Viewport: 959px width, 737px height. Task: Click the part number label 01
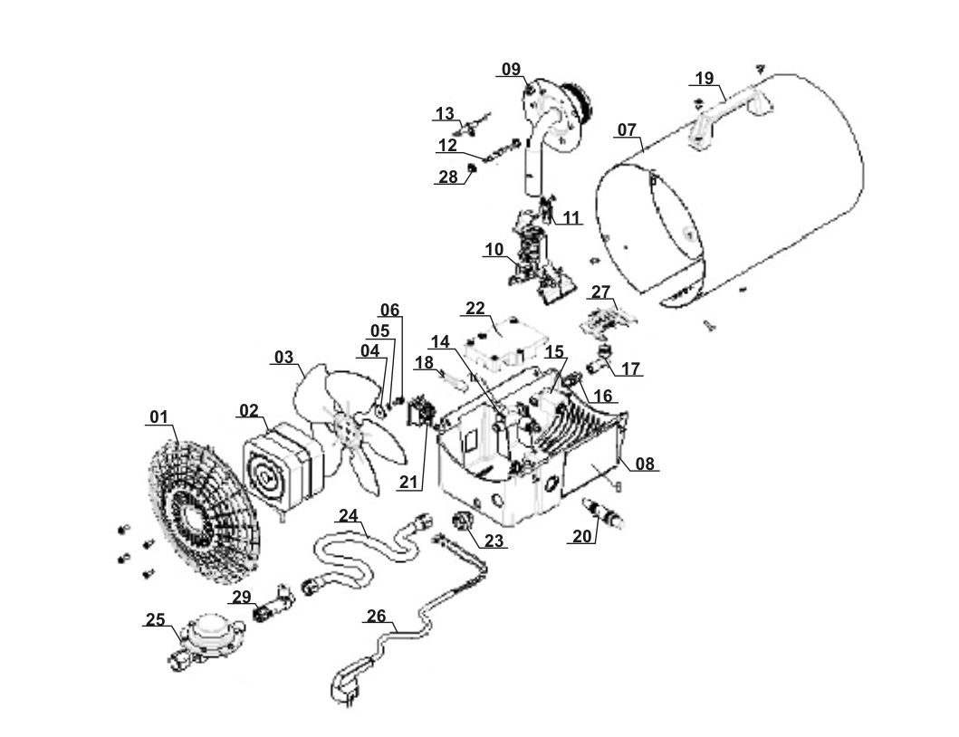coord(159,417)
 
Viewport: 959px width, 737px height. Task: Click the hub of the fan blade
coord(345,426)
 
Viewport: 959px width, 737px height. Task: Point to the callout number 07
coord(628,130)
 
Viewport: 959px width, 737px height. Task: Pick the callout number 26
coord(376,617)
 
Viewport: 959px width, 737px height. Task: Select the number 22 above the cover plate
coord(476,308)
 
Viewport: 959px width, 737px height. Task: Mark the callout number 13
coord(445,114)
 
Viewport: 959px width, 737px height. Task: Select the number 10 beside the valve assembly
coord(493,250)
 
